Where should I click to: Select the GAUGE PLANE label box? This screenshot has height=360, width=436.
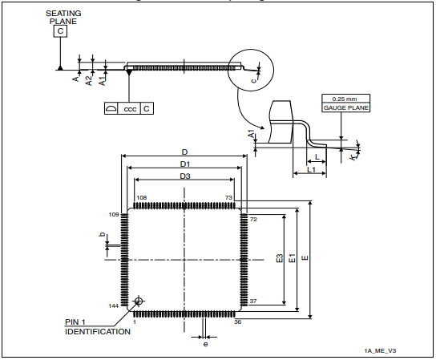(x=345, y=107)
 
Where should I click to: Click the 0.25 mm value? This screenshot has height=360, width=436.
(x=345, y=99)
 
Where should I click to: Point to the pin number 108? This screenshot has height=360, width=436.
(x=141, y=197)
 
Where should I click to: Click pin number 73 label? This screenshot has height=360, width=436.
(x=228, y=197)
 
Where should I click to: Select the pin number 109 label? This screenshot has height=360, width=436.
(x=113, y=215)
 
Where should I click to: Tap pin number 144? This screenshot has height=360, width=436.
(x=113, y=306)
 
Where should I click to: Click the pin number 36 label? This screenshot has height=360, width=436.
(x=237, y=322)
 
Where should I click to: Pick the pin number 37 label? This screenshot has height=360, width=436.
(x=253, y=301)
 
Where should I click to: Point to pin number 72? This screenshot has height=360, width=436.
(x=253, y=218)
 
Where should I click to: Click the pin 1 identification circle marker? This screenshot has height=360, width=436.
(x=139, y=301)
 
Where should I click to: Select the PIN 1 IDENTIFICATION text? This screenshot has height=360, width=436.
(x=97, y=326)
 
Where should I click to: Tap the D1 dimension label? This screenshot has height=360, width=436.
(x=184, y=164)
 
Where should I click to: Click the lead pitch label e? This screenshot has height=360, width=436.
(x=206, y=343)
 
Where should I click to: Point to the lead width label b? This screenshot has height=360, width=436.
(x=101, y=234)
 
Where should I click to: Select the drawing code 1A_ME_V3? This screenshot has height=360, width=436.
(x=381, y=350)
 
